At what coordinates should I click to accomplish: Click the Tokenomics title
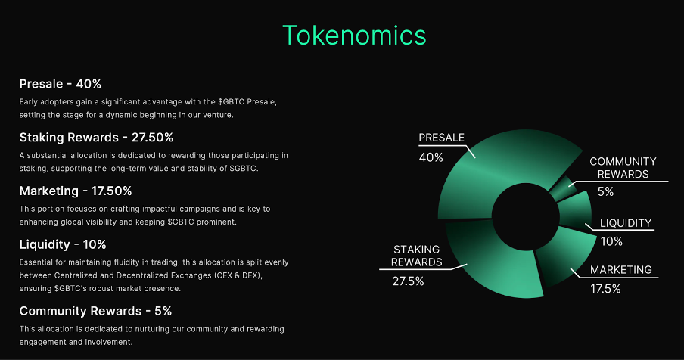click(354, 36)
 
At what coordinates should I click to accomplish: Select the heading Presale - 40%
click(61, 84)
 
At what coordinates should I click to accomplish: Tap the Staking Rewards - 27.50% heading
click(96, 138)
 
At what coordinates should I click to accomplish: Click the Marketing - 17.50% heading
click(76, 191)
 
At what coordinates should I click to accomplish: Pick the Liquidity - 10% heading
click(63, 244)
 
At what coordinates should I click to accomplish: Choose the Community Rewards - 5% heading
click(95, 311)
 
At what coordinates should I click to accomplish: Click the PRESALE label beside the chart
click(441, 138)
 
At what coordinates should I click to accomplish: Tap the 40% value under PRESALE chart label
click(431, 157)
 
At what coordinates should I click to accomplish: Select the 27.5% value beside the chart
click(408, 281)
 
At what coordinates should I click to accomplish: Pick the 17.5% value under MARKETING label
click(605, 288)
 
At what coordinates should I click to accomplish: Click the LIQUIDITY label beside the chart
click(626, 223)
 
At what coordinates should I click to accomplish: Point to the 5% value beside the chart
click(605, 192)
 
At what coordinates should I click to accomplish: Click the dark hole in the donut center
click(525, 216)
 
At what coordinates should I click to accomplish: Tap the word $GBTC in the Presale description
click(232, 102)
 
